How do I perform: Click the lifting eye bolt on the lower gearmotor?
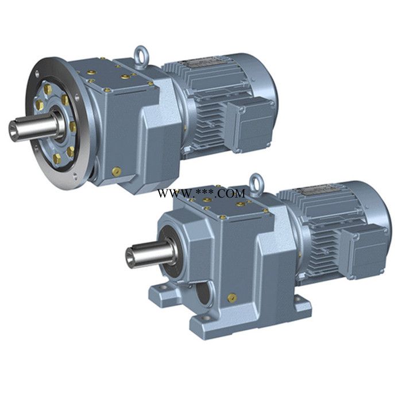pyautogui.click(x=257, y=181)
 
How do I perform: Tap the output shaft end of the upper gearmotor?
pyautogui.click(x=14, y=130)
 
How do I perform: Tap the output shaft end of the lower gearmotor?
pyautogui.click(x=131, y=256)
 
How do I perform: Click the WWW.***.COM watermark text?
pyautogui.click(x=202, y=194)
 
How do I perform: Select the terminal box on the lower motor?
pyautogui.click(x=365, y=250)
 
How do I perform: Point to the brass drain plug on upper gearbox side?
pyautogui.click(x=117, y=171)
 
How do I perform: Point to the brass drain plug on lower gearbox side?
pyautogui.click(x=232, y=298)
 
